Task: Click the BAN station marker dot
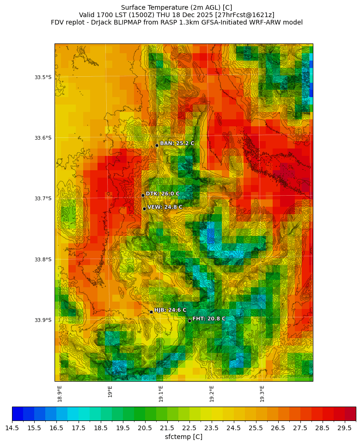coord(157,145)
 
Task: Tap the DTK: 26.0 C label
coord(163,194)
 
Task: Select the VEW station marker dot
coord(144,209)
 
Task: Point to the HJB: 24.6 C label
coord(170,310)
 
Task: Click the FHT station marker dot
coord(189,321)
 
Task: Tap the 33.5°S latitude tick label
coord(43,77)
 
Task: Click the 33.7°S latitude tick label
coord(43,198)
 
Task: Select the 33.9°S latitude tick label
coord(43,320)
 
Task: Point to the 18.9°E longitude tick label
coord(60,393)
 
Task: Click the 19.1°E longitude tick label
coord(161,393)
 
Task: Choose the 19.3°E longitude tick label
coord(262,393)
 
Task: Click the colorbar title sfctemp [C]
coord(183,437)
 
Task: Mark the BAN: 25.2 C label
coord(177,143)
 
